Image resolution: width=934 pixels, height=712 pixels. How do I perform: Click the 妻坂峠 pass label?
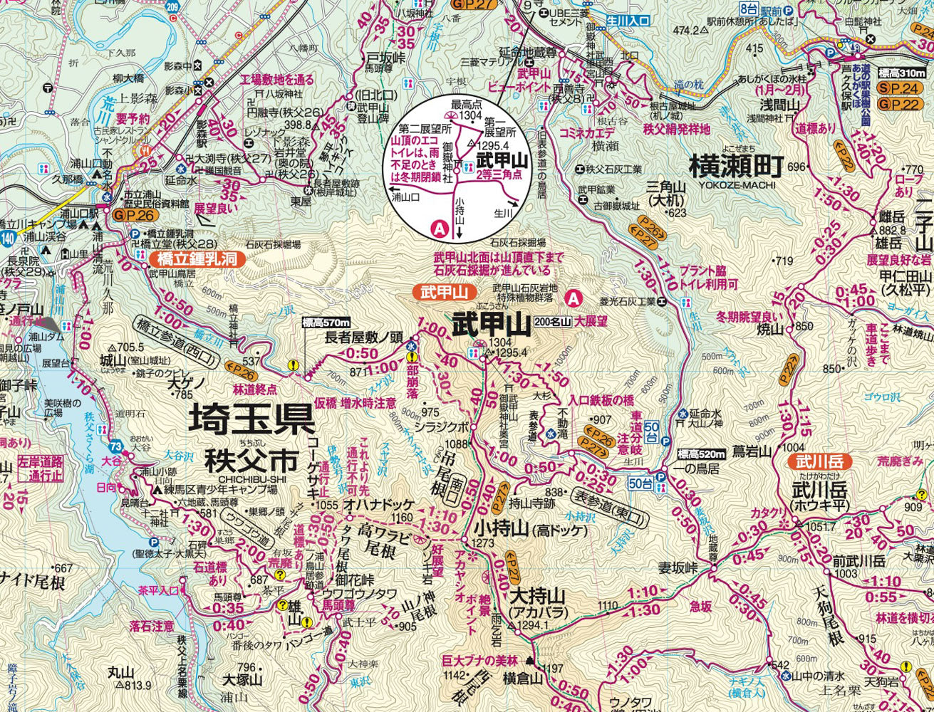pyautogui.click(x=676, y=567)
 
